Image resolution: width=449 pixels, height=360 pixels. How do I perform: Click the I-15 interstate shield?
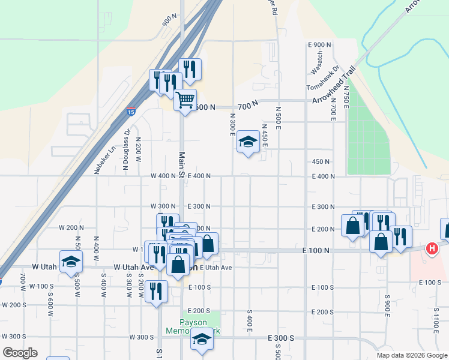click(x=131, y=111)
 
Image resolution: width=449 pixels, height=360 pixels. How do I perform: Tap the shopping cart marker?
click(x=185, y=99)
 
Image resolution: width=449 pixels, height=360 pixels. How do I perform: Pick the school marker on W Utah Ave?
click(x=71, y=262)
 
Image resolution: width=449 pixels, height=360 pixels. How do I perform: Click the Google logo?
click(x=20, y=353)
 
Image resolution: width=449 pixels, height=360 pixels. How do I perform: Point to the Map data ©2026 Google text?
click(x=411, y=355)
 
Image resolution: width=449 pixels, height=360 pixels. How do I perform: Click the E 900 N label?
click(x=319, y=45)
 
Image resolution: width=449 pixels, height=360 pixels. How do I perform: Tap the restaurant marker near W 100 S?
click(x=157, y=291)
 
